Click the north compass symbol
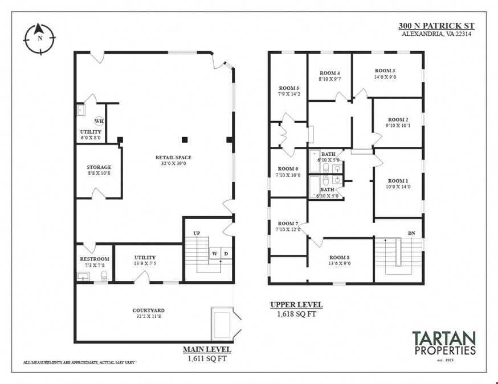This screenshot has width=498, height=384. click(x=40, y=38)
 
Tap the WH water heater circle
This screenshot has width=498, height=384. click(x=99, y=121)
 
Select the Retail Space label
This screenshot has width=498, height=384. click(x=173, y=157)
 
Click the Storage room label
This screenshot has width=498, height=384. click(x=99, y=167)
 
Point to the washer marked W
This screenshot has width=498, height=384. click(x=215, y=253)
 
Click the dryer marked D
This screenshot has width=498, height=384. click(x=226, y=253)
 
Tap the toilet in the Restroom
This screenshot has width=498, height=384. click(x=104, y=276)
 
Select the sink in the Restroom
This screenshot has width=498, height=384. click(x=84, y=276)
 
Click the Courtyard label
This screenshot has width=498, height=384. click(x=148, y=311)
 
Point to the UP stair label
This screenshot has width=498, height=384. click(x=197, y=233)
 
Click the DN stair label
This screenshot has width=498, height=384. click(x=411, y=233)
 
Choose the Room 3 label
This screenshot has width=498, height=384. click(x=385, y=71)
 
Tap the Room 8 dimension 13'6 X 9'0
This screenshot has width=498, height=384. click(x=340, y=263)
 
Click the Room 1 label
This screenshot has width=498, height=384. click(x=398, y=181)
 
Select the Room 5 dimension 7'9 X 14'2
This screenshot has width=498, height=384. click(x=289, y=94)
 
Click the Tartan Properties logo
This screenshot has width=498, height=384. click(x=444, y=344)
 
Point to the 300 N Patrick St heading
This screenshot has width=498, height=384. click(x=436, y=26)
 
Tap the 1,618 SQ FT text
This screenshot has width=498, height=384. click(x=297, y=314)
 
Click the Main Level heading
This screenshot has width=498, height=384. click(x=207, y=349)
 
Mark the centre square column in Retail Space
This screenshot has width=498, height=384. click(x=185, y=139)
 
